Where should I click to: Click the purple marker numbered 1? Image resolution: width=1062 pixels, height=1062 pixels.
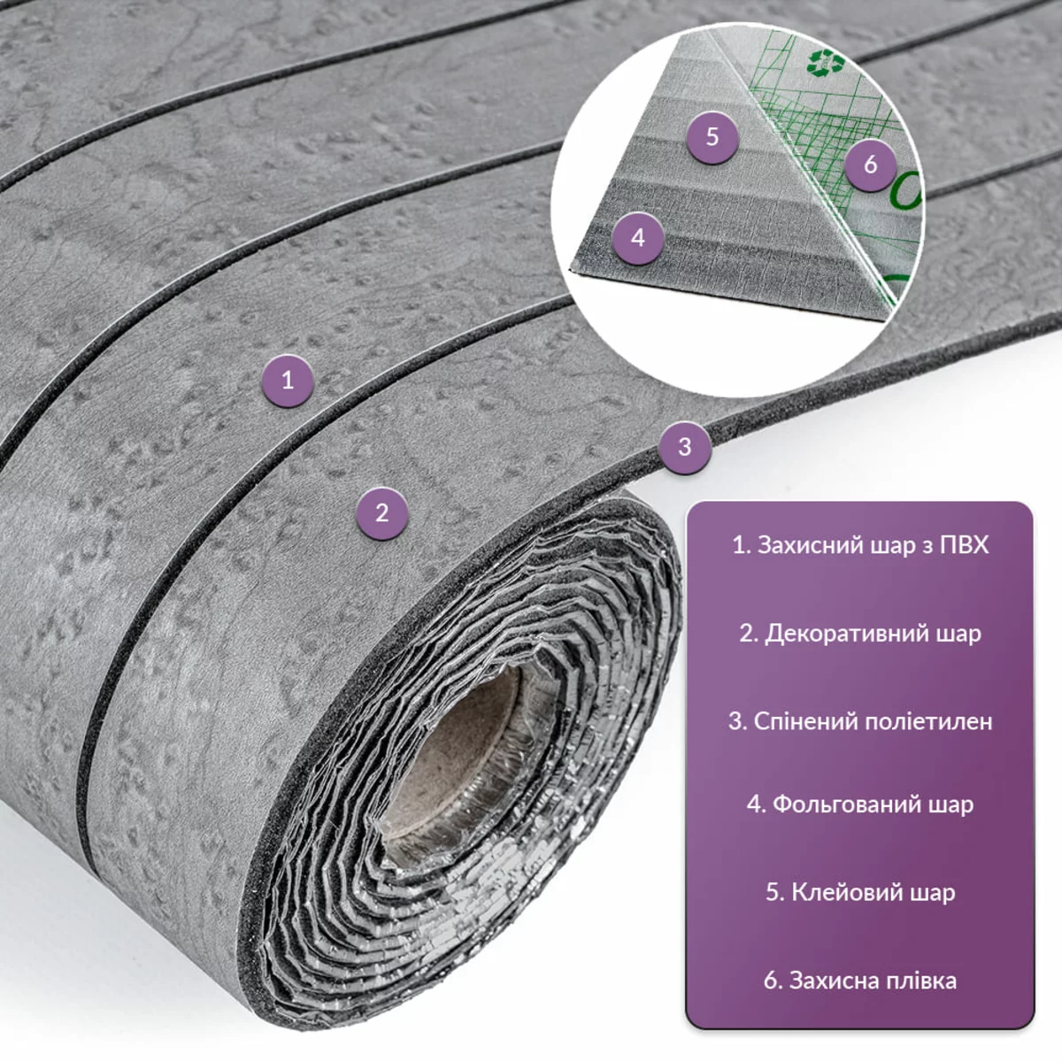click(288, 381)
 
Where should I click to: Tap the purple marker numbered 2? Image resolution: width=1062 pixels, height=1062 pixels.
click(382, 513)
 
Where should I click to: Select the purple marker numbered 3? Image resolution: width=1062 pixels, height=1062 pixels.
click(685, 446)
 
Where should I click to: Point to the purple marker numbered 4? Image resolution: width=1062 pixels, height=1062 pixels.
click(638, 238)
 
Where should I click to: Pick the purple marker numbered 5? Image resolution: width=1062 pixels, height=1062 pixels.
click(712, 136)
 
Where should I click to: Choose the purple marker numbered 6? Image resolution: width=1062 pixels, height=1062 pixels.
click(871, 165)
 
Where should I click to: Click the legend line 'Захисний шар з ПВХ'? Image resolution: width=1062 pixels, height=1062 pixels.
click(860, 546)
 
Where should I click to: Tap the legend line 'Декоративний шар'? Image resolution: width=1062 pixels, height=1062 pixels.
click(860, 634)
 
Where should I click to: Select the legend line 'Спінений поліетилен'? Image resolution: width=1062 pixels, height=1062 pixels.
click(860, 722)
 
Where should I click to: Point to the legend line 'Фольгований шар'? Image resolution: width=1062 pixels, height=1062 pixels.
click(860, 804)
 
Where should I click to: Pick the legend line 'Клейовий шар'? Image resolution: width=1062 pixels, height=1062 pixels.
click(860, 892)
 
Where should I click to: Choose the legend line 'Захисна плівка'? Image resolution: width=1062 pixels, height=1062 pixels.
click(860, 981)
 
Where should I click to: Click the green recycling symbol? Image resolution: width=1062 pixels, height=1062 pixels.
click(826, 62)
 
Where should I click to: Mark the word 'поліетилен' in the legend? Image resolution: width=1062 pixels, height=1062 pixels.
click(928, 722)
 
